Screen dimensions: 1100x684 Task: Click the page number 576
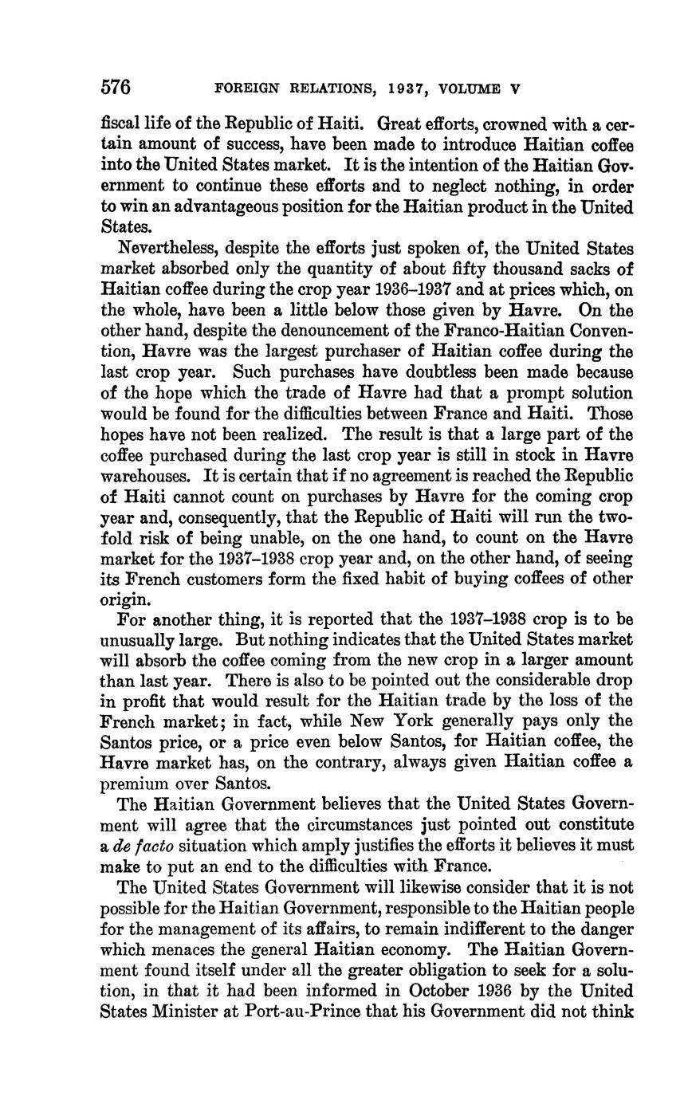point(116,87)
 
